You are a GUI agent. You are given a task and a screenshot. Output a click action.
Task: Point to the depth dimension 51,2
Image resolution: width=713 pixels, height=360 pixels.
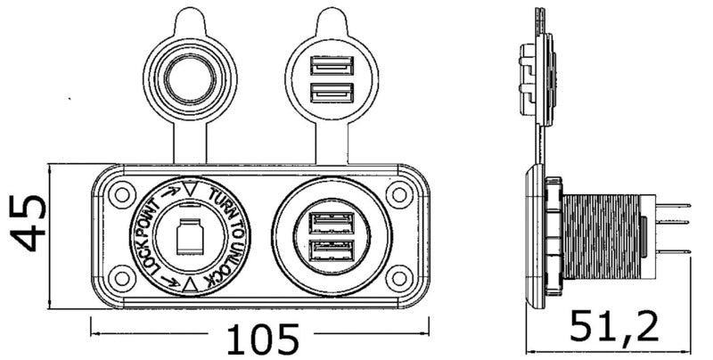pyautogui.click(x=614, y=327)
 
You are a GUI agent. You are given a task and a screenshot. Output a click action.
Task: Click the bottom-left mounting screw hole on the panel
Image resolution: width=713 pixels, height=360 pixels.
pyautogui.click(x=119, y=277)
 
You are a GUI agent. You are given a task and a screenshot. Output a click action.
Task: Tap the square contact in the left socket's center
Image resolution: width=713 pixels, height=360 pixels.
pyautogui.click(x=189, y=236)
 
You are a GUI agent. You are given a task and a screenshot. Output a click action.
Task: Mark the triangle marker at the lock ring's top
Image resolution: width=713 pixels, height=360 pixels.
pyautogui.click(x=190, y=189)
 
